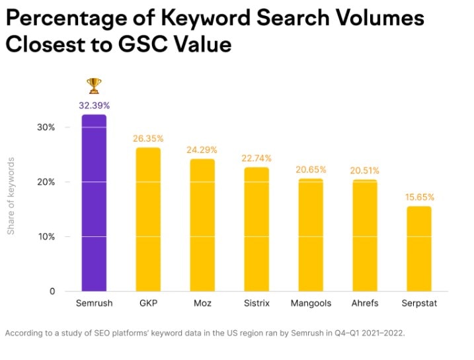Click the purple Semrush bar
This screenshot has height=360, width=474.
[94, 202]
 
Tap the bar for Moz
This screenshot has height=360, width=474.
[202, 225]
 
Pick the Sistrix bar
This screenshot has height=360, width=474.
[257, 229]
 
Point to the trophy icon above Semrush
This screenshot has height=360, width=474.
[94, 85]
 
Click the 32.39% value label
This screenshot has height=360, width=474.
[94, 105]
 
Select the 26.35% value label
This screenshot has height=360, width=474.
[148, 138]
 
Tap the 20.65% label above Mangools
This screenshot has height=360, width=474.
[311, 169]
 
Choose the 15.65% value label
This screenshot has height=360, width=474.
[418, 197]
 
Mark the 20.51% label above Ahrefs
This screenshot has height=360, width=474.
[365, 171]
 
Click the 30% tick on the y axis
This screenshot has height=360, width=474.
[45, 127]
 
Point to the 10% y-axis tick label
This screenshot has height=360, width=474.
[45, 236]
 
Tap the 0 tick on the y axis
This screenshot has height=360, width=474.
[52, 291]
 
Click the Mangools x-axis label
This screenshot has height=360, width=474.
[311, 304]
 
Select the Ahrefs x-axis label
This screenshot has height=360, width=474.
[365, 304]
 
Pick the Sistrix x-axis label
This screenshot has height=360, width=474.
[257, 304]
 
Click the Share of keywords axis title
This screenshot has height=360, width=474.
[11, 196]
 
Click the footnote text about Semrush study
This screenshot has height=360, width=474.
[205, 334]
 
